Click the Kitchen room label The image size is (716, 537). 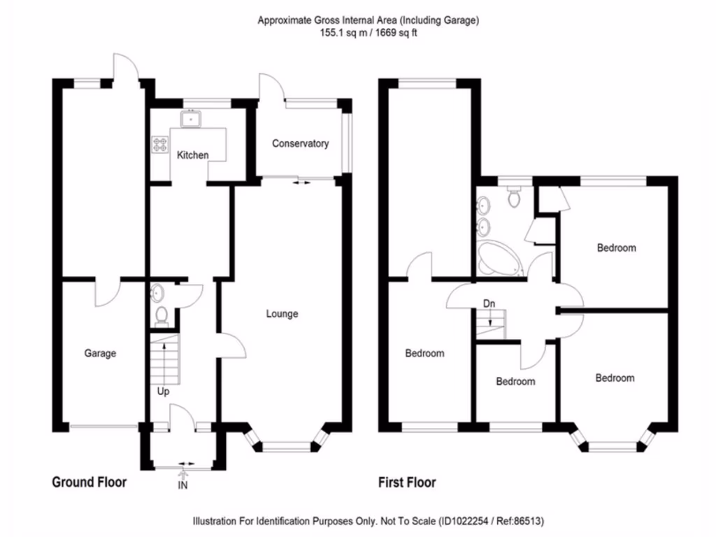pyautogui.click(x=193, y=155)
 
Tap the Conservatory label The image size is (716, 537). pyautogui.click(x=301, y=143)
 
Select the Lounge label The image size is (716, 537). pyautogui.click(x=282, y=314)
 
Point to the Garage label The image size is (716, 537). pyautogui.click(x=100, y=353)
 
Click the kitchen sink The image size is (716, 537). pyautogui.click(x=190, y=119)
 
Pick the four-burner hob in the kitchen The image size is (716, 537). pyautogui.click(x=160, y=145)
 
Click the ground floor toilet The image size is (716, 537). pyautogui.click(x=162, y=317)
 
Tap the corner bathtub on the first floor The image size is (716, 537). pyautogui.click(x=499, y=259)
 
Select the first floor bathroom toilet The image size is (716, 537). pyautogui.click(x=514, y=196)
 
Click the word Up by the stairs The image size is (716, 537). pyautogui.click(x=163, y=392)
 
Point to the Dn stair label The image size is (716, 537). pyautogui.click(x=489, y=303)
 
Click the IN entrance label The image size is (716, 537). pyautogui.click(x=182, y=485)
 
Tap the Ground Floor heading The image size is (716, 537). pyautogui.click(x=89, y=482)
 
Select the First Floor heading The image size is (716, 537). pyautogui.click(x=407, y=482)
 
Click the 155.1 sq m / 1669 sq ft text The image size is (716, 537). pyautogui.click(x=368, y=33)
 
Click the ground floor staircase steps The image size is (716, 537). pyautogui.click(x=165, y=359)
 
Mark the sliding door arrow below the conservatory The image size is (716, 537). pyautogui.click(x=301, y=182)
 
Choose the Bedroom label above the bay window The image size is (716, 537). pyautogui.click(x=615, y=378)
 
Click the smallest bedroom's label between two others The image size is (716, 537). pyautogui.click(x=515, y=381)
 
